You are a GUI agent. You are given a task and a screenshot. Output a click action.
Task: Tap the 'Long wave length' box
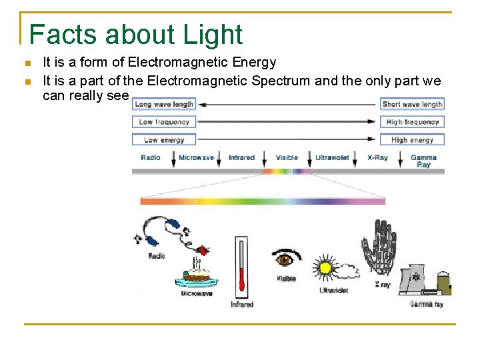coord(164,104)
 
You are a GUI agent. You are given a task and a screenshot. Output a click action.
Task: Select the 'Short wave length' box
coord(413,104)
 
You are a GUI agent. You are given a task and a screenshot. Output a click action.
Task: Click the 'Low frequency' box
coord(164,122)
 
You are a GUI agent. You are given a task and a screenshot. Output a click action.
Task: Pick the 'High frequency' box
coord(413,122)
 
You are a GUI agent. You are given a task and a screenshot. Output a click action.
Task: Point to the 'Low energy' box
coord(164,140)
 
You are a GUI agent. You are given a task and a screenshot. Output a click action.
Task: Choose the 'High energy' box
coord(413,140)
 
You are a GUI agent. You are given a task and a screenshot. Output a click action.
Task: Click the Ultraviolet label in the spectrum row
coord(332,158)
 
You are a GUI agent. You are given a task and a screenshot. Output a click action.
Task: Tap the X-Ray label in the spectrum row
coord(377,158)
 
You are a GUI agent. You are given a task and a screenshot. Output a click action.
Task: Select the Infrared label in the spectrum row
coord(241,158)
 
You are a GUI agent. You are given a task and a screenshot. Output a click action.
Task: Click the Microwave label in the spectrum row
coord(197,158)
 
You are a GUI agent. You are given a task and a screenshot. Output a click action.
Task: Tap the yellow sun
coord(325,268)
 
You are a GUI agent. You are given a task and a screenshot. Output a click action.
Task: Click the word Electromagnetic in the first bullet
coord(170,63)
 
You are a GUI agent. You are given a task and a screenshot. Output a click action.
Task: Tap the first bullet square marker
coord(27,63)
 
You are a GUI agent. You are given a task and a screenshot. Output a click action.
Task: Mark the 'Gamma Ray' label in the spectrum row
coord(423,161)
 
